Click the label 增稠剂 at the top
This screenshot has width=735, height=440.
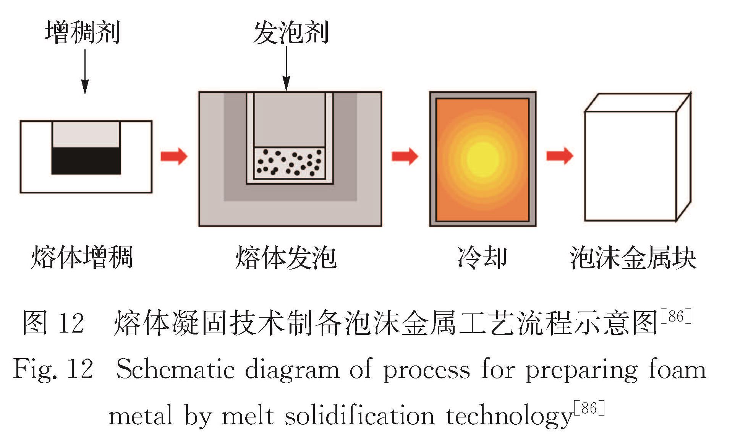coord(83,32)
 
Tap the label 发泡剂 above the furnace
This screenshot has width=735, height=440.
coord(291,33)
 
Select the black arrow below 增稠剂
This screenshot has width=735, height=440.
coord(85,73)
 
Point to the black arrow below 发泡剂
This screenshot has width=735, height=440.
coord(286,69)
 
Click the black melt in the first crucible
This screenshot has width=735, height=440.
coord(86,161)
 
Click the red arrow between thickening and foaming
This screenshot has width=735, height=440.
coord(174,156)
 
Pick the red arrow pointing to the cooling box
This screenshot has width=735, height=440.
coord(405,156)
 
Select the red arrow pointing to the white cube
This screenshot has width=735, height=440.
coord(560,156)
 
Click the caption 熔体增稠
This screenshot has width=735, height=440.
coord(82,257)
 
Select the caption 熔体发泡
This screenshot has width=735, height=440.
coord(286,257)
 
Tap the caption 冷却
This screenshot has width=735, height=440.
coord(482,257)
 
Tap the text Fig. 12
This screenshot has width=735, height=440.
coord(53,370)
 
